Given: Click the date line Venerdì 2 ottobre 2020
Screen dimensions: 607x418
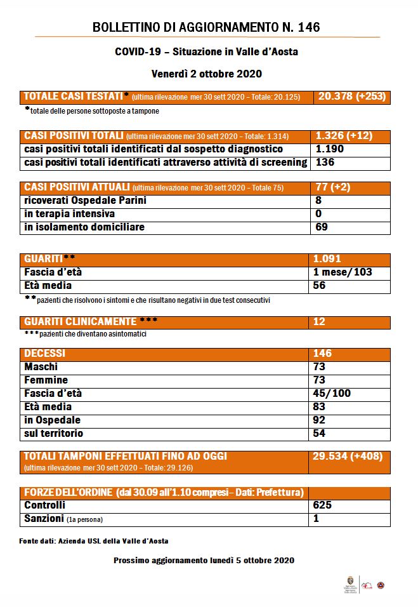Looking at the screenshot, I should coord(207,73).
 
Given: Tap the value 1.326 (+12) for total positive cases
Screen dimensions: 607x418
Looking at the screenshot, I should coord(344,136).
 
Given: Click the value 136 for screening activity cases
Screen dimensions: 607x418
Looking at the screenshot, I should coord(325,163).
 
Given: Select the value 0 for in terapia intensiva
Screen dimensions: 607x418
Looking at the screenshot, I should coord(318,214).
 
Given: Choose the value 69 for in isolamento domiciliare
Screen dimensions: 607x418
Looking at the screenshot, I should coord(322,227).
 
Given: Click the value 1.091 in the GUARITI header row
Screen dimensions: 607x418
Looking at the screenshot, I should coord(328,259).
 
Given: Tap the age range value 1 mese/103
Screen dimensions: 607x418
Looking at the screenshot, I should coord(343,272).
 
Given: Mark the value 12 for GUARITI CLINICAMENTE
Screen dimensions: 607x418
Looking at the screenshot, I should coord(319,322).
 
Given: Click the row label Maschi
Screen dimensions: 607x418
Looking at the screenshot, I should coord(41,367).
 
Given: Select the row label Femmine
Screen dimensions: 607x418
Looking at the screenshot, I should coord(46,380).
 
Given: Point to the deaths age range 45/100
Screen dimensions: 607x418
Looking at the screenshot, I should coord(332,394).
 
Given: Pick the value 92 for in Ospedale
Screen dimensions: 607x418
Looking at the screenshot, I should coord(319,420).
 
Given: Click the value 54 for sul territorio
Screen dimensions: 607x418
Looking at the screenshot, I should coord(319,434).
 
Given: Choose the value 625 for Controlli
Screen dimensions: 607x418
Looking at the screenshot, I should coord(322,505).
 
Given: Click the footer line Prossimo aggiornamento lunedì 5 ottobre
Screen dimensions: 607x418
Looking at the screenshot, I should coord(204,561).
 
